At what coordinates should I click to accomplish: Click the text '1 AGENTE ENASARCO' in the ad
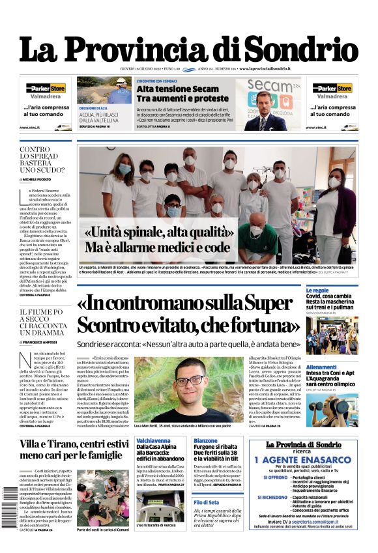pos(304,459)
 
